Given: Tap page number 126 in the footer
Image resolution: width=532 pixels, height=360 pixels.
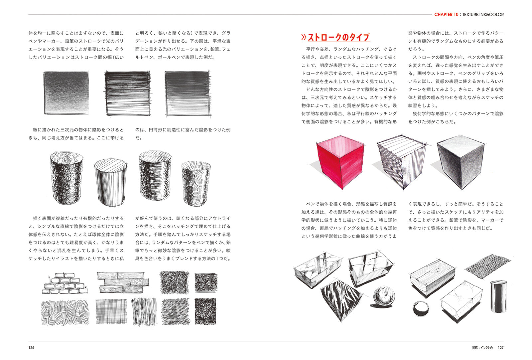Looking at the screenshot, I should (x=31, y=348).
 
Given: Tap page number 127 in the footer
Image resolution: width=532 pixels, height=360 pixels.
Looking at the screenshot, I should (x=500, y=348).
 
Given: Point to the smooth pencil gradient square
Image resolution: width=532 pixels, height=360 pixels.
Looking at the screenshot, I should (x=66, y=92).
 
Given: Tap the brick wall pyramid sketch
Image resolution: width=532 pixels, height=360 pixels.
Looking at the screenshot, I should (x=65, y=284).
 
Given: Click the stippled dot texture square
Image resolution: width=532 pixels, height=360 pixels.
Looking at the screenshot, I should (x=205, y=311).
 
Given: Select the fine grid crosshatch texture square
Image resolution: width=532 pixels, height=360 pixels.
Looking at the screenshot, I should (x=111, y=312).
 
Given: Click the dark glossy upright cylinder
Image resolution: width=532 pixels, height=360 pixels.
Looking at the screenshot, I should (x=498, y=296).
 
